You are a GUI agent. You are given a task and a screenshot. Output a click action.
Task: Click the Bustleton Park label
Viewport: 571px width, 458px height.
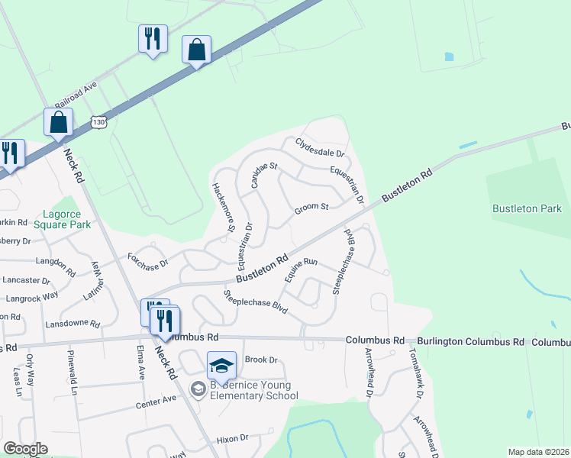click(527, 208)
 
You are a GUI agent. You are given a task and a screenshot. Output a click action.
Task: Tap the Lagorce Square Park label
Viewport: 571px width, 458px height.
click(67, 220)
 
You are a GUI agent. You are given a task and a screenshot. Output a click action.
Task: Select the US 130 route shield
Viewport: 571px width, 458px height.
click(98, 121)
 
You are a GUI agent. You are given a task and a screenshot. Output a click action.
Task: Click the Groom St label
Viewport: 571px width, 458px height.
click(312, 206)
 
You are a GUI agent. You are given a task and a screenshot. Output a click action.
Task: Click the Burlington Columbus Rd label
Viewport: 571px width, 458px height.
click(471, 341)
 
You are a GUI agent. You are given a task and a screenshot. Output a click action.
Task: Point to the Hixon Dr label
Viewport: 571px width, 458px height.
click(233, 438)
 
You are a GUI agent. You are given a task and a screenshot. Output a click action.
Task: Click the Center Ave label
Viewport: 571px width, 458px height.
click(156, 401)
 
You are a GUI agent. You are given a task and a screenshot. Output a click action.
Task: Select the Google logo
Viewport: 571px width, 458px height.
click(25, 449)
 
